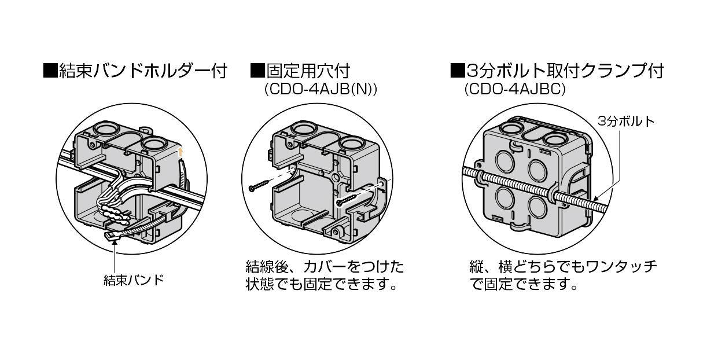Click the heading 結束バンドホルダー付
pos(142,72)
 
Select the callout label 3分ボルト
pos(627,121)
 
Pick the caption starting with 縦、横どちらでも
pos(562,275)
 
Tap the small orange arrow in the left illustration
pos(181,152)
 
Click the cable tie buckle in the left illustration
pos(112,236)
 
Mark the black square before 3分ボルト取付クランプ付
pos(458,72)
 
